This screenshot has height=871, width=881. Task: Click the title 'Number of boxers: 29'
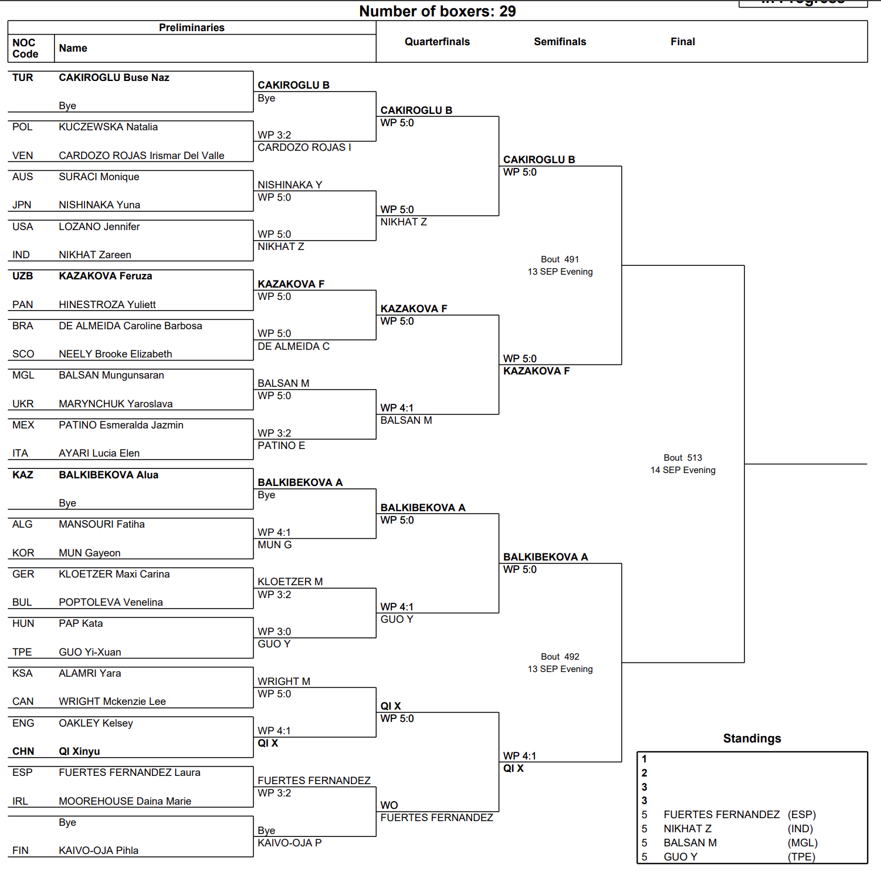click(437, 11)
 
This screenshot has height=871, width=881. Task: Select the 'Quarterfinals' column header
click(437, 42)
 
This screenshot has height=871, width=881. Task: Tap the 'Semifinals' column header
click(560, 42)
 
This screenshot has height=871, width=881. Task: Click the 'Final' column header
click(683, 42)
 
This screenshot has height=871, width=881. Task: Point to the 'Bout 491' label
click(560, 259)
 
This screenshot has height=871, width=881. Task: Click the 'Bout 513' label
click(683, 458)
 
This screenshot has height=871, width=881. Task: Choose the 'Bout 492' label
click(560, 657)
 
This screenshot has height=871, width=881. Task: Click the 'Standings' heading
click(752, 738)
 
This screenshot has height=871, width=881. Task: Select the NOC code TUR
click(23, 77)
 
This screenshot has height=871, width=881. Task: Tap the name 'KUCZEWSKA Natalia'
click(108, 127)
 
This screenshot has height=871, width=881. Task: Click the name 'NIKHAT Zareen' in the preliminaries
click(95, 255)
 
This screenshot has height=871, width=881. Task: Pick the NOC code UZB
click(23, 276)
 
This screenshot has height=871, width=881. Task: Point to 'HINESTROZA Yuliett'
click(107, 305)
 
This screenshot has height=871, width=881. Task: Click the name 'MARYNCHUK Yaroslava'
click(116, 404)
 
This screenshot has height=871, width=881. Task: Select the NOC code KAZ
click(23, 475)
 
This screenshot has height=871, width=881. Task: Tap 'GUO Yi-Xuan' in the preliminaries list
click(90, 652)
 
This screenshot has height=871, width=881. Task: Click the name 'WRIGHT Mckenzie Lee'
click(112, 701)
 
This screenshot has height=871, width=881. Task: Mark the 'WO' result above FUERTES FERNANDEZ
click(389, 805)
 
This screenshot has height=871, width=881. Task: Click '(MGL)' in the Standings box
click(802, 843)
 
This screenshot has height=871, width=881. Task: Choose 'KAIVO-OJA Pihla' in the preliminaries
click(99, 850)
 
